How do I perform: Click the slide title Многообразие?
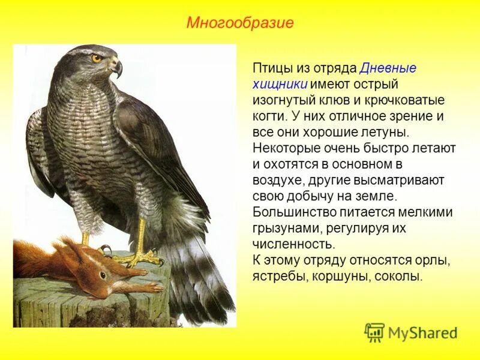(x=239, y=23)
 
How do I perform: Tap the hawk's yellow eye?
(x=96, y=58)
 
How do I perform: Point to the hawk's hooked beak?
(x=117, y=68)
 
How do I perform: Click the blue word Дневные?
(x=388, y=68)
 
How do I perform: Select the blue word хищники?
(x=280, y=85)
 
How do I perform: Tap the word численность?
(x=292, y=244)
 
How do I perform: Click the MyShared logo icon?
(x=374, y=332)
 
